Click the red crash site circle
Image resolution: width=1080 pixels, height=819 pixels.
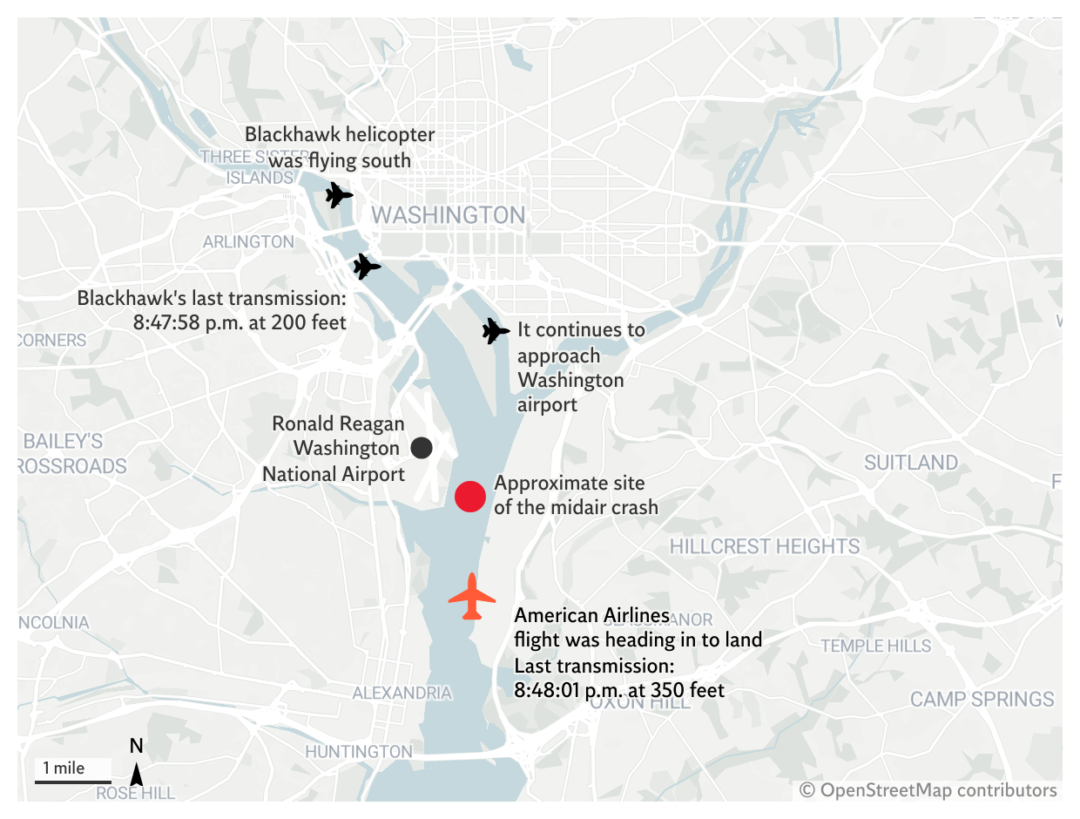click(469, 496)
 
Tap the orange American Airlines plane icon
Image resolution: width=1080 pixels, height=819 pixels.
click(472, 597)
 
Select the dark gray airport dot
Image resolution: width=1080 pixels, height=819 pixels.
click(422, 448)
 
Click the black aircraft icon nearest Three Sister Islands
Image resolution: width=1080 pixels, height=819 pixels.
click(338, 195)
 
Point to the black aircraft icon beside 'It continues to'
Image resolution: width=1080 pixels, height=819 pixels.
click(495, 331)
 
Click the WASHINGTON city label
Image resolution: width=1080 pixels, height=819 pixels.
click(449, 215)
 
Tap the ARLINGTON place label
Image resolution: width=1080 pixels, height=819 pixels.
click(248, 241)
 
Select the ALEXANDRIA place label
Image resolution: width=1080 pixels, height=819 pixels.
click(402, 694)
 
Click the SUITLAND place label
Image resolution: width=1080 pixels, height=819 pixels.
click(910, 463)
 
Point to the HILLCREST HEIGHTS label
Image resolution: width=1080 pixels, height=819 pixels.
click(764, 546)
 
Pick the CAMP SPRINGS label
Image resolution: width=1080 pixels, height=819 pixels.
click(982, 699)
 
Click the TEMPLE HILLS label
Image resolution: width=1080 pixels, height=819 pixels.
click(875, 646)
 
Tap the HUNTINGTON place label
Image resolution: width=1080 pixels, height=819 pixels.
click(359, 751)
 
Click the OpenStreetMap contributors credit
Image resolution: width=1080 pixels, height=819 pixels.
click(928, 790)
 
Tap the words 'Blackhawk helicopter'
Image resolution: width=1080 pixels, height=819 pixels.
click(340, 134)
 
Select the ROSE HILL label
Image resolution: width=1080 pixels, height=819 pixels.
click(135, 793)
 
